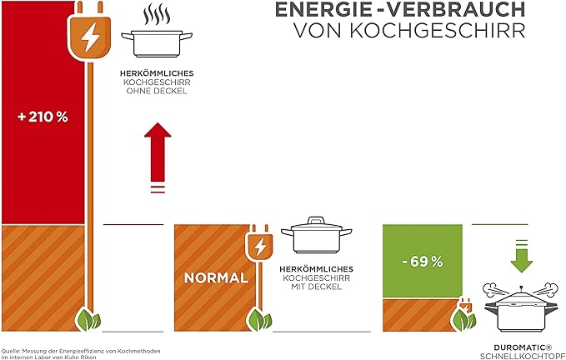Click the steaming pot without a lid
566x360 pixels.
point(156,40)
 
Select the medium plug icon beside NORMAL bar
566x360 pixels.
point(259,247)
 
